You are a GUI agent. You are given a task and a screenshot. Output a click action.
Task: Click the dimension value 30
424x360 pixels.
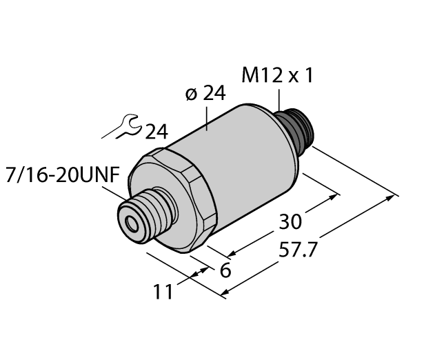[x=292, y=223]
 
